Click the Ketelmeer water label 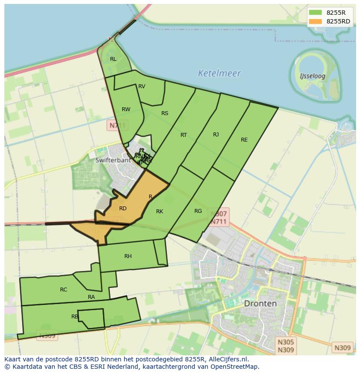[x=219, y=73]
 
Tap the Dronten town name [x=260, y=303]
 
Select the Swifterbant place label [x=113, y=160]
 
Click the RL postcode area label [x=113, y=59]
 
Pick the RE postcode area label [x=244, y=140]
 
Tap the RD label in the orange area [x=123, y=209]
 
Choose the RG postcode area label [x=198, y=211]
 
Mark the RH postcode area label [x=128, y=256]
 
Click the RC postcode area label [x=63, y=290]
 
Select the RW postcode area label [x=126, y=109]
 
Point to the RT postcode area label [x=183, y=135]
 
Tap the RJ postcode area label [x=216, y=135]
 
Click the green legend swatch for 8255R [x=315, y=12]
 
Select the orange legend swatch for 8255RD [x=315, y=21]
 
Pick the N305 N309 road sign [x=286, y=346]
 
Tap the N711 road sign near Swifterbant [x=117, y=126]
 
